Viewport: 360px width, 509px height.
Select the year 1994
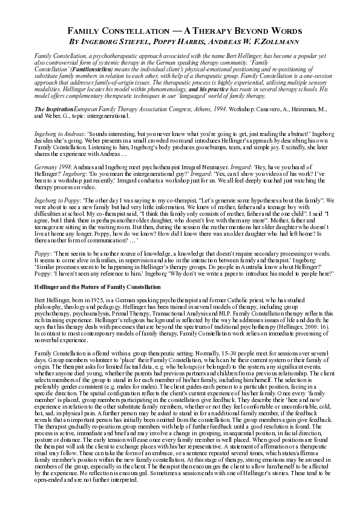pyautogui.click(x=209, y=107)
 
